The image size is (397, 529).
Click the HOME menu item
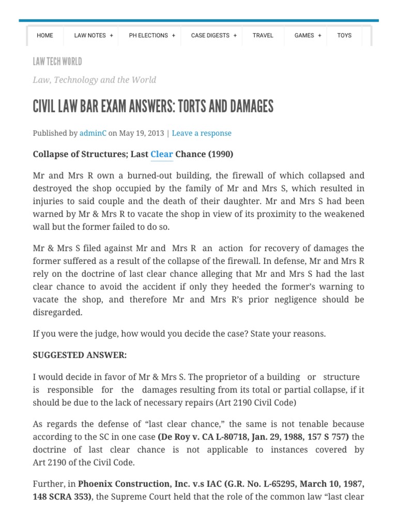point(45,35)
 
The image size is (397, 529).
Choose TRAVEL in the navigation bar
point(263,35)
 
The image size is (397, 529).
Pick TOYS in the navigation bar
point(344,35)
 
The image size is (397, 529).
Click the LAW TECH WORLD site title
point(57,62)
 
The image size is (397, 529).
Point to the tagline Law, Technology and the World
point(94,80)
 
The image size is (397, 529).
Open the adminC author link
point(93,133)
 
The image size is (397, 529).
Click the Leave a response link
point(202,133)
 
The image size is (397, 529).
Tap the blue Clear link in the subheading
point(161,154)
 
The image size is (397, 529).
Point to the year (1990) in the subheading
point(221,154)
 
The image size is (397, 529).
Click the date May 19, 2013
point(142,133)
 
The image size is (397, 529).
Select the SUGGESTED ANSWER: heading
point(80,355)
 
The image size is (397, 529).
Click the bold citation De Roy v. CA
point(190,437)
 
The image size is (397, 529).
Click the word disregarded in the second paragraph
point(57,312)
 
